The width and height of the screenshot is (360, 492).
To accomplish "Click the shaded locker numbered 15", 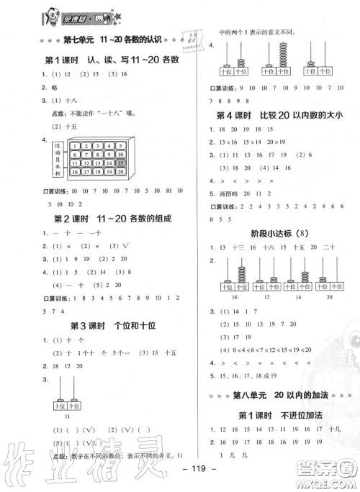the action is pyautogui.click(x=121, y=163).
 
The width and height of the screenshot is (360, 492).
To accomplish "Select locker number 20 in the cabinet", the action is pyautogui.click(x=121, y=173).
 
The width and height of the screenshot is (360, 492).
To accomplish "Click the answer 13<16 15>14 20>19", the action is pyautogui.click(x=258, y=142).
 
